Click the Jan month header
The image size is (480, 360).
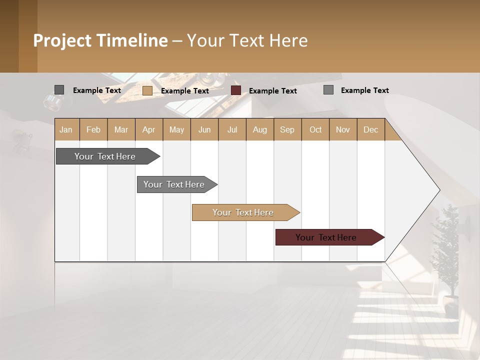pyautogui.click(x=66, y=129)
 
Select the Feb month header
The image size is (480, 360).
pyautogui.click(x=93, y=129)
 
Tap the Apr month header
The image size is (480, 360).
pyautogui.click(x=149, y=129)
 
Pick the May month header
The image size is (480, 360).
pyautogui.click(x=176, y=129)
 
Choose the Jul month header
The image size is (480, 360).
pyautogui.click(x=232, y=129)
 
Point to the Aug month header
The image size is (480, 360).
pyautogui.click(x=259, y=129)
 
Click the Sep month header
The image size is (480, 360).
pyautogui.click(x=287, y=129)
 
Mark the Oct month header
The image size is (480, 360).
pyautogui.click(x=315, y=129)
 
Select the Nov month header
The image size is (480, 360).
pyautogui.click(x=343, y=129)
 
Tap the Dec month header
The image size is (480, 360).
pyautogui.click(x=370, y=129)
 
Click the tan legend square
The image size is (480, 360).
pyautogui.click(x=147, y=90)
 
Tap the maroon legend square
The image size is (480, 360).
pyautogui.click(x=236, y=90)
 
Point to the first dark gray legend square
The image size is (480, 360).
pyautogui.click(x=59, y=90)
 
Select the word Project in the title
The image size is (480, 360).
pyautogui.click(x=62, y=40)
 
